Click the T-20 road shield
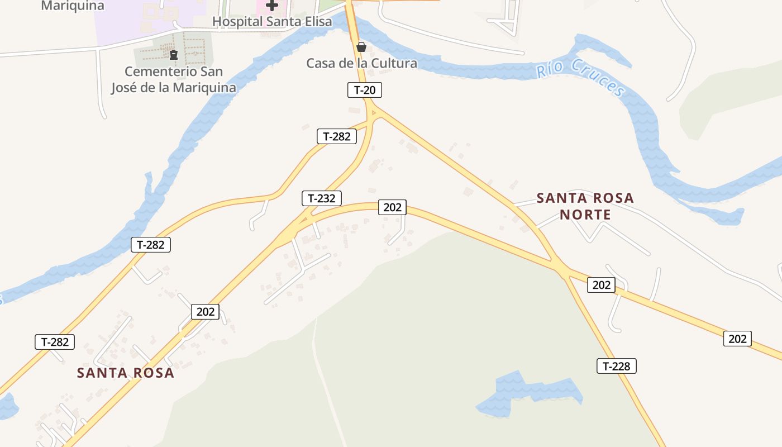(365, 90)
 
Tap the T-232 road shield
(322, 198)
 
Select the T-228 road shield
(617, 366)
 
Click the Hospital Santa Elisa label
(272, 22)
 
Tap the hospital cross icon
(272, 6)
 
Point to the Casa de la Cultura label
(361, 63)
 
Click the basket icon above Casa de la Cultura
(361, 47)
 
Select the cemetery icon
(173, 54)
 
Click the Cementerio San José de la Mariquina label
(173, 79)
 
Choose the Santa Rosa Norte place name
(585, 206)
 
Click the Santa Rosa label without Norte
(126, 373)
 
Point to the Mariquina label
(73, 6)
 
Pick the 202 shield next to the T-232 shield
(393, 207)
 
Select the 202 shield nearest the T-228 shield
(601, 285)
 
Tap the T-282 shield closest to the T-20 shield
(337, 136)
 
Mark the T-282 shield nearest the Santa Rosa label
(55, 342)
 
